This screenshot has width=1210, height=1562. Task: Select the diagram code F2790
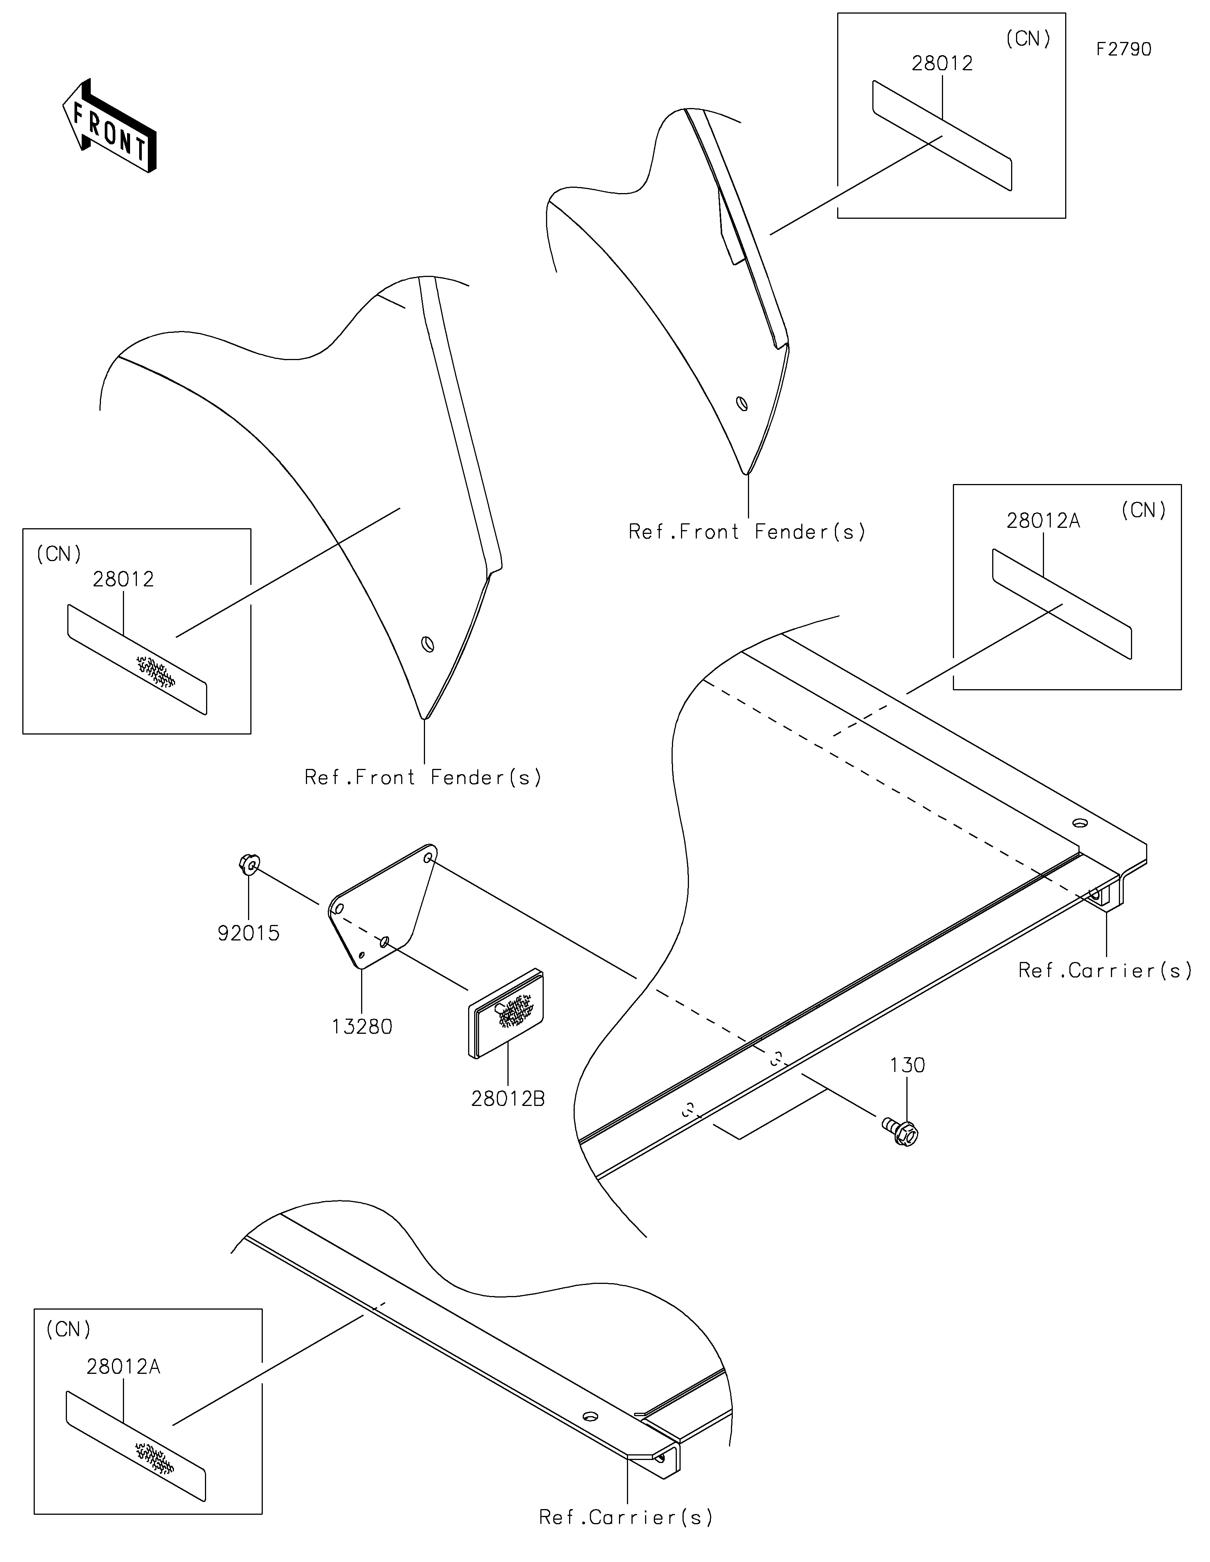[1123, 49]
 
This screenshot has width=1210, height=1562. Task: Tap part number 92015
[248, 933]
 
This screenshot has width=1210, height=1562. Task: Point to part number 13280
[362, 1027]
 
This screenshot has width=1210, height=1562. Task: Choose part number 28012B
[508, 1098]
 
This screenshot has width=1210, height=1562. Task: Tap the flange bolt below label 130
[903, 1132]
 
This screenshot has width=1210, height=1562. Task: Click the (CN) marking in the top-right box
[1028, 39]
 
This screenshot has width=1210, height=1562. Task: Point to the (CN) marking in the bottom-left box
[69, 1330]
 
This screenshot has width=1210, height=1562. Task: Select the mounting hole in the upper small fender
[742, 404]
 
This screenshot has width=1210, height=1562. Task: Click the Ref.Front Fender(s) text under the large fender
[423, 778]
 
